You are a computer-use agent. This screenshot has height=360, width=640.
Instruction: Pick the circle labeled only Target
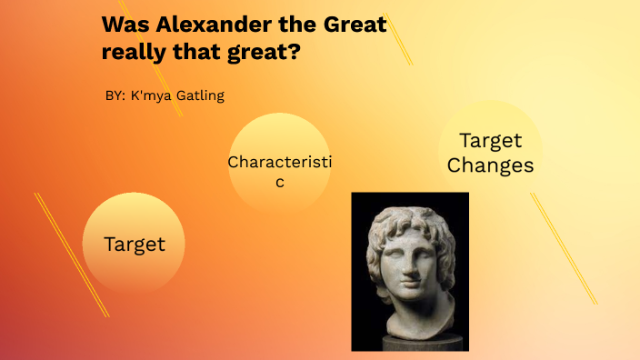coord(135,244)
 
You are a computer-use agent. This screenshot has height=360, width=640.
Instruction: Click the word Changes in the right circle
coord(490,165)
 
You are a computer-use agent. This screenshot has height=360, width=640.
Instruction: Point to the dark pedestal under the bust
coord(409,344)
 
